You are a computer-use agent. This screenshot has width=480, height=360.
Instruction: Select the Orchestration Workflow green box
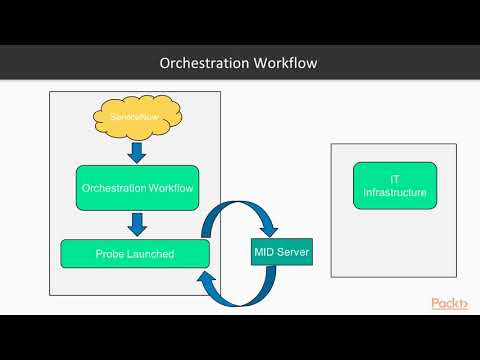click(138, 187)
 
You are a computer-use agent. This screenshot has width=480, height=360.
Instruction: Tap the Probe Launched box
click(135, 254)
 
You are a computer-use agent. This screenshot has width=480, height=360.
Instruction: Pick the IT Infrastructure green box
click(394, 185)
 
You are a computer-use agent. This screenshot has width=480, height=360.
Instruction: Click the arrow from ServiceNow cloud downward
click(138, 151)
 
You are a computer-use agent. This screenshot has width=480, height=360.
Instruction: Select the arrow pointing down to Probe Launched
click(138, 223)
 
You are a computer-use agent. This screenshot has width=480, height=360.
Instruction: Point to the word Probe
click(111, 254)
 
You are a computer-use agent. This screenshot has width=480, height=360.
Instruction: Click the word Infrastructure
click(394, 192)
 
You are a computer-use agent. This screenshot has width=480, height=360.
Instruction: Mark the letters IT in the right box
click(394, 178)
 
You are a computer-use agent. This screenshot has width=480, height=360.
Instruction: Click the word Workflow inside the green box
click(171, 187)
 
